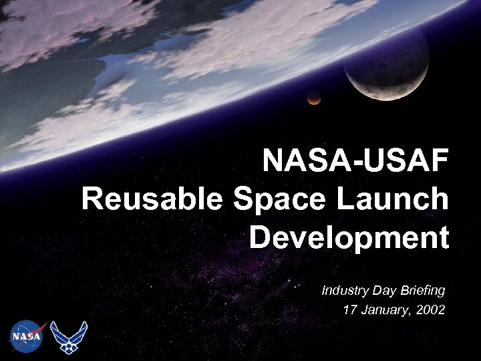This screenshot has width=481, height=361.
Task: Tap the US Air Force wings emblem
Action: (x=69, y=337)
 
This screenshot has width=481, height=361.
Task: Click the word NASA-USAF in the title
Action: (x=355, y=161)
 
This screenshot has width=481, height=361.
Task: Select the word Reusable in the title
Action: (x=152, y=199)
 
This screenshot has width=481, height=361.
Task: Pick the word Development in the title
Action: (x=349, y=237)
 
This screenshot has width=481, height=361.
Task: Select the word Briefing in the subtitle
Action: (x=423, y=290)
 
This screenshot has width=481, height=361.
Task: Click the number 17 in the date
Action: (x=349, y=310)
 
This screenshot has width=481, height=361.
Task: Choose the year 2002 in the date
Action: (x=430, y=310)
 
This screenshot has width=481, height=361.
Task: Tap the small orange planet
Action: (x=313, y=98)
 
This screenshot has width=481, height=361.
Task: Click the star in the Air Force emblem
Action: (x=69, y=342)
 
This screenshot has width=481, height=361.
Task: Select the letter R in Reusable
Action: (x=92, y=199)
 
